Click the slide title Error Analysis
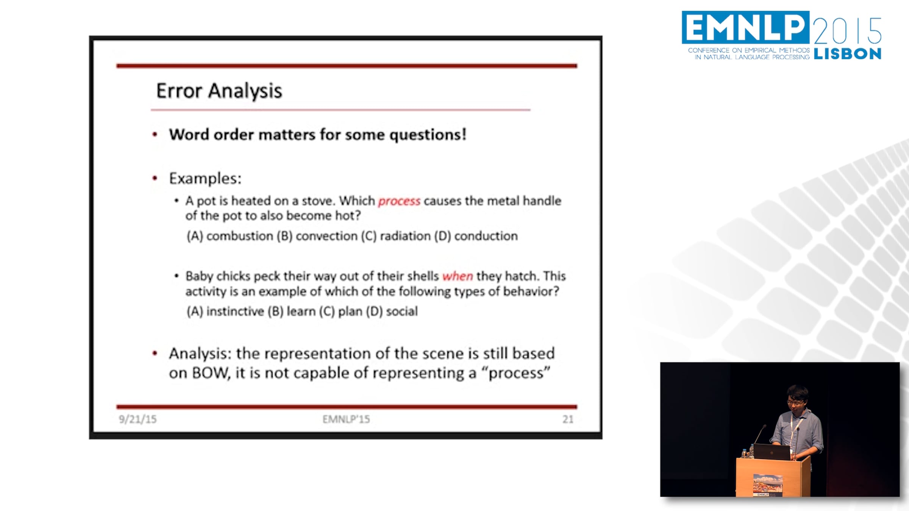(219, 91)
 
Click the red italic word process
(399, 201)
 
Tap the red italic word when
(458, 276)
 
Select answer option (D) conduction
(476, 236)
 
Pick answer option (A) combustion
(230, 236)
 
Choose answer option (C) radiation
(396, 236)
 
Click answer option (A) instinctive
(225, 311)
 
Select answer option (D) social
(392, 311)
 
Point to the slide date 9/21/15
(137, 419)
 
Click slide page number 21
(568, 419)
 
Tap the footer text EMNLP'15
(346, 419)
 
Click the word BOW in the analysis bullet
(210, 373)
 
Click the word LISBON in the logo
(848, 54)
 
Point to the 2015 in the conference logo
(848, 30)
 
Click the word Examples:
(205, 178)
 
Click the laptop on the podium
(772, 452)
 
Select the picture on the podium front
(768, 485)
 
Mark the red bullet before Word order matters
(155, 134)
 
